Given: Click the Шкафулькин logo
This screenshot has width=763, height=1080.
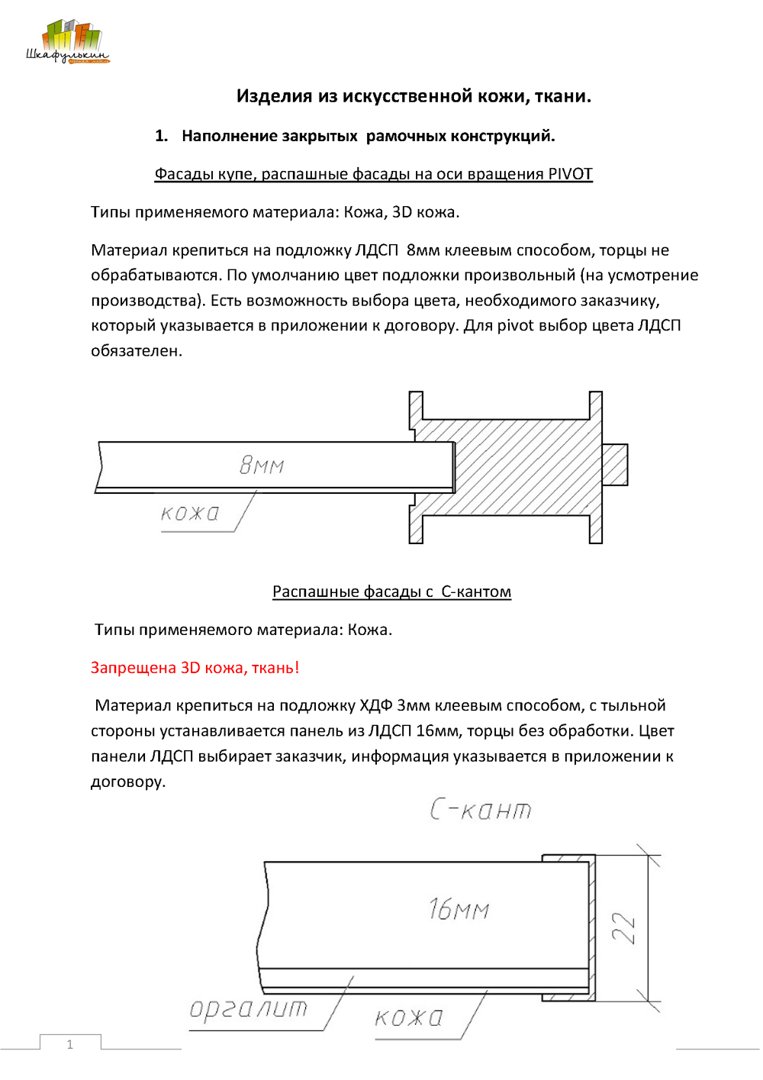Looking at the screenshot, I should pos(67,43).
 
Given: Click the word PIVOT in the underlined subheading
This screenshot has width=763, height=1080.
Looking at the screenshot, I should pos(570,174).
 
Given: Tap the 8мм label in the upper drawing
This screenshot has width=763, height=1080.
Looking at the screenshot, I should pos(262,464).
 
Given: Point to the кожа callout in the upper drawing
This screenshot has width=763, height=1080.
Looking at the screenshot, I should pos(190,513).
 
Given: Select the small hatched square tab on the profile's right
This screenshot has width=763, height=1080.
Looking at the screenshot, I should pos(615,464).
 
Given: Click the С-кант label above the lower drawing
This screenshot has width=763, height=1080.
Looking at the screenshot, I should pos(481,809).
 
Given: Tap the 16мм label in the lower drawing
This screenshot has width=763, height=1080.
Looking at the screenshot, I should pos(459,908).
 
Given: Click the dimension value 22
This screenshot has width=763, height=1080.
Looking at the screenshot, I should pos(624,928).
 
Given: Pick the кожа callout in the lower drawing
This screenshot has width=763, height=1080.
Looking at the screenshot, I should pos(409,1017).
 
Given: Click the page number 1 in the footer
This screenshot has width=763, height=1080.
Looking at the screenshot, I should pos(70,1044).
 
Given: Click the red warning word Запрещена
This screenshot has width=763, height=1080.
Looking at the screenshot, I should pos(133,668).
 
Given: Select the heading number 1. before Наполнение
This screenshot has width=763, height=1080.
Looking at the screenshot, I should pos(161,136).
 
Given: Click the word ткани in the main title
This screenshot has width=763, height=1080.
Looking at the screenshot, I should pos(562,96).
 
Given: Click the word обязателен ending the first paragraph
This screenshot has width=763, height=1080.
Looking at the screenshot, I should pos(136,351).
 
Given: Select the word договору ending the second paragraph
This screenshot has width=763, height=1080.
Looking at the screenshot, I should pos(127,782).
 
